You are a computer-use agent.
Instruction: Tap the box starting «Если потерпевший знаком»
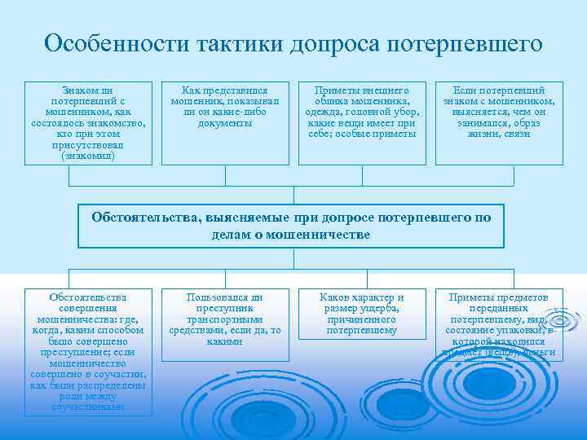(500, 111)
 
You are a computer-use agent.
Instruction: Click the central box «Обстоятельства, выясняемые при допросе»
(291, 226)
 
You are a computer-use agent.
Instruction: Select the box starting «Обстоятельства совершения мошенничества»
(89, 350)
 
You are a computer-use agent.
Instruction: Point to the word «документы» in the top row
(224, 123)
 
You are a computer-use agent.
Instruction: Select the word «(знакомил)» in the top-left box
(89, 155)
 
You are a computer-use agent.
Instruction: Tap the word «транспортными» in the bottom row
(225, 319)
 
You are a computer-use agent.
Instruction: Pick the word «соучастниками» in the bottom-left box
(89, 406)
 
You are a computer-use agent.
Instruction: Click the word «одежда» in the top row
(323, 112)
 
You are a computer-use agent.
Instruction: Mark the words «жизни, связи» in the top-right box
(499, 134)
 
